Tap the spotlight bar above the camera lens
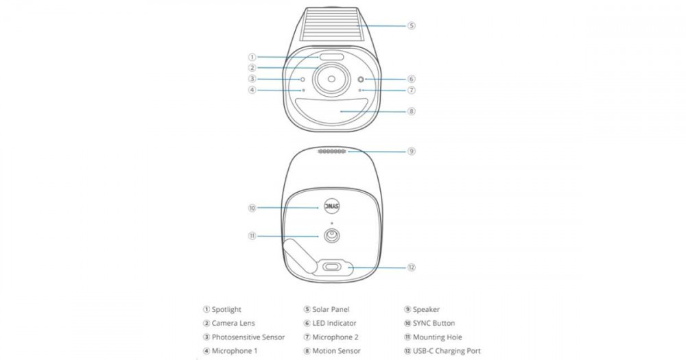(331, 58)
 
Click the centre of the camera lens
(331, 79)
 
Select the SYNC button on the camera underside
(331, 207)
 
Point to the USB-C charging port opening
(335, 267)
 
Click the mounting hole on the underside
(331, 236)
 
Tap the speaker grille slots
(332, 152)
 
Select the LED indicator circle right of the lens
(361, 79)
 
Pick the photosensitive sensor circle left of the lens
(303, 79)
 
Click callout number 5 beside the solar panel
(411, 26)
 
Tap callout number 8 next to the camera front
(411, 111)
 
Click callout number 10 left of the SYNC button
(252, 208)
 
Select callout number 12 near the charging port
(411, 267)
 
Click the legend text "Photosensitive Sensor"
(248, 337)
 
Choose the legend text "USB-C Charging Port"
(447, 351)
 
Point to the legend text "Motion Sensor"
(336, 351)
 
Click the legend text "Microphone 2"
(335, 337)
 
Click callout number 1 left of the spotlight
(252, 57)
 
